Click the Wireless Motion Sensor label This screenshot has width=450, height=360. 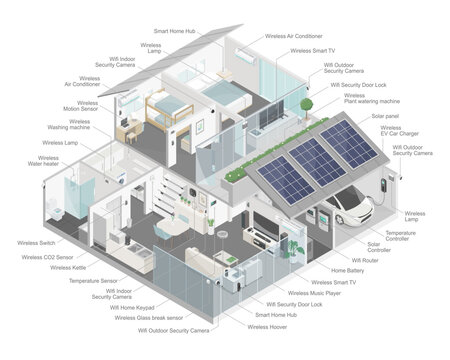(x=62, y=104)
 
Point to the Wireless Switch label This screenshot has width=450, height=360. (x=36, y=243)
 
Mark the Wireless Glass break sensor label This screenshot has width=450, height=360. (x=153, y=318)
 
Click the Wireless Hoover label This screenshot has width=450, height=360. (x=268, y=327)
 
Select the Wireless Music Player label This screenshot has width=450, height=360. (x=309, y=294)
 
